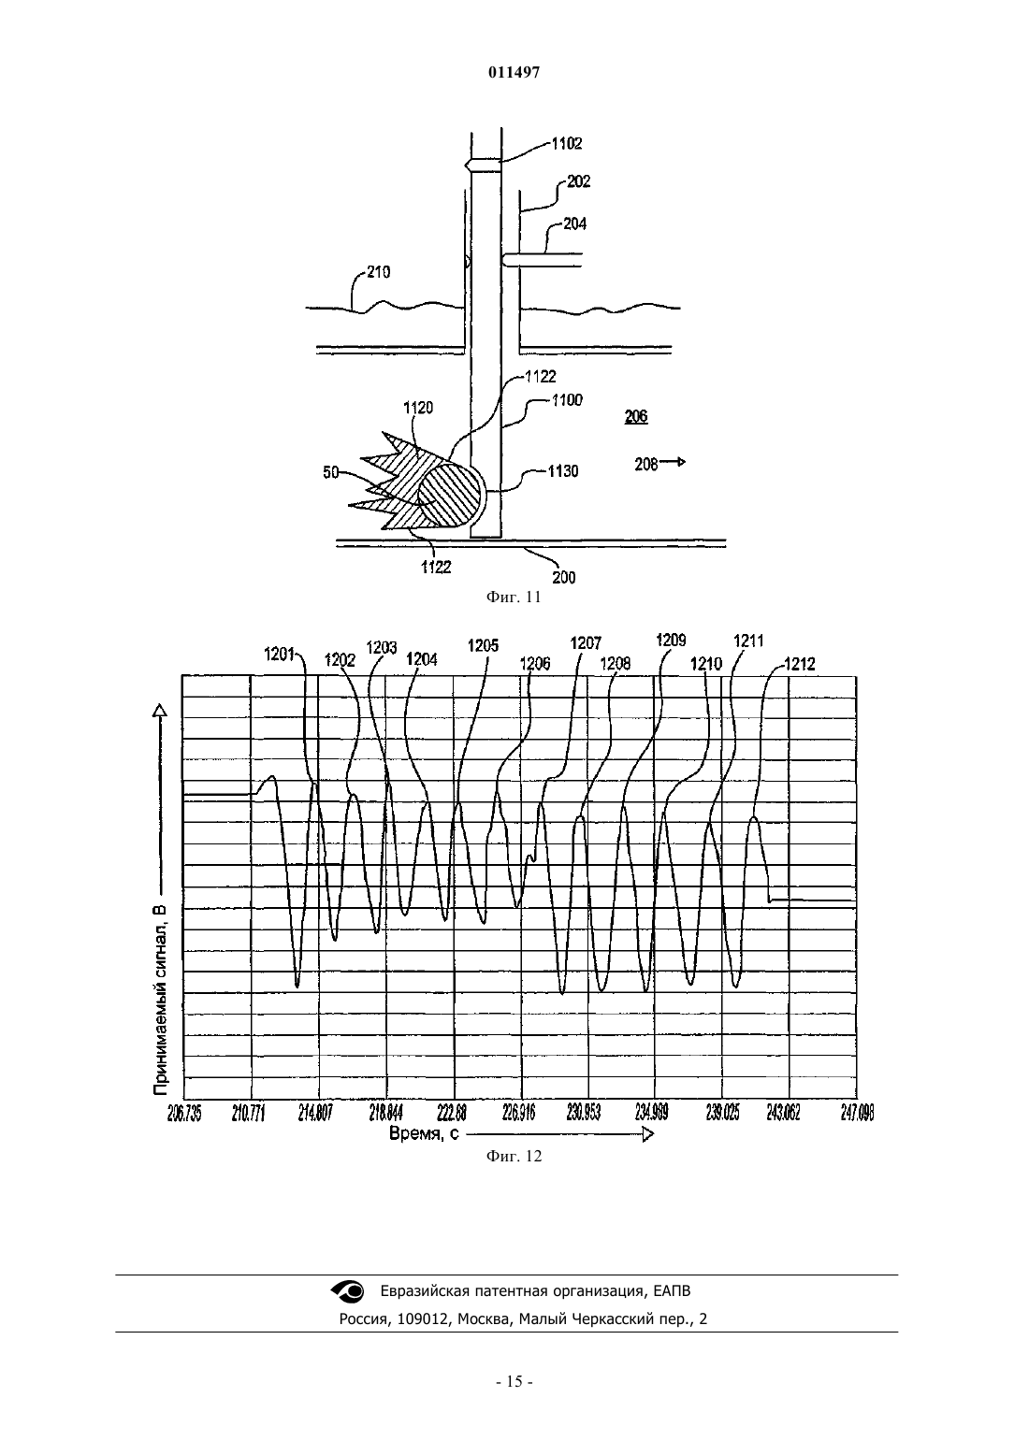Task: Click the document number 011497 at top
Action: pyautogui.click(x=514, y=73)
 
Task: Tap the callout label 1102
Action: pyautogui.click(x=567, y=144)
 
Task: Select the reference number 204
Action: pyautogui.click(x=575, y=224)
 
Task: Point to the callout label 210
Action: pyautogui.click(x=379, y=272)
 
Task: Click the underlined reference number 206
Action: pyautogui.click(x=636, y=416)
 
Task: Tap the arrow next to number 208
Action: pyautogui.click(x=673, y=462)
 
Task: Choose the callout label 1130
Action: pyautogui.click(x=562, y=471)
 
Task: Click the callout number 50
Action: pyautogui.click(x=331, y=473)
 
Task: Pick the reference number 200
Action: pyautogui.click(x=563, y=578)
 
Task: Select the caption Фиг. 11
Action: pyautogui.click(x=514, y=597)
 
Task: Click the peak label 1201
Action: pyautogui.click(x=280, y=655)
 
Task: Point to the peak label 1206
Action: pyautogui.click(x=535, y=663)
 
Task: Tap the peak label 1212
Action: pyautogui.click(x=800, y=664)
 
